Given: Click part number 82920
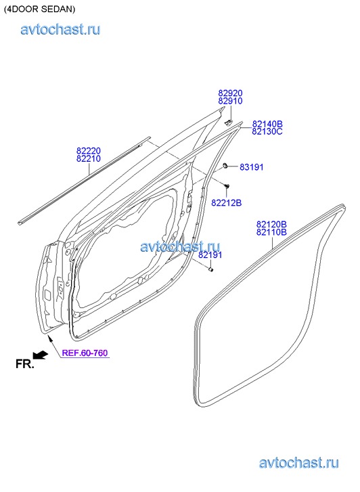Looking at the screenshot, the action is coord(230,93).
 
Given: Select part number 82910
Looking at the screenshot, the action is coord(230,101).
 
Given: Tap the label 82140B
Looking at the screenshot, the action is coord(267,124).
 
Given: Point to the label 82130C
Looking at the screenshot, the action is coord(267,131).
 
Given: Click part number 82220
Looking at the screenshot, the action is coord(89,151).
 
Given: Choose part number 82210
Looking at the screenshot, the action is coord(89,159).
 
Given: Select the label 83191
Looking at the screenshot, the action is coord(252,167).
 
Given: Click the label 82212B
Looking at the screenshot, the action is coord(226,203).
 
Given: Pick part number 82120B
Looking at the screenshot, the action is coord(271,225).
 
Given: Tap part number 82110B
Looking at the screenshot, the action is coord(271,233).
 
